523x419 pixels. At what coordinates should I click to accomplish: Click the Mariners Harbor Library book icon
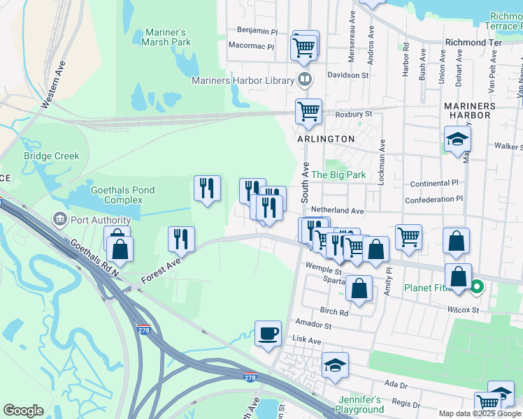304,80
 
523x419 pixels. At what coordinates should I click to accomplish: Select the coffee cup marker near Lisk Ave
268,334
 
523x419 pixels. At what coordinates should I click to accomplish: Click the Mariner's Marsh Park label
168,37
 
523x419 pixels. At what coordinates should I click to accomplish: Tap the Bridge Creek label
52,156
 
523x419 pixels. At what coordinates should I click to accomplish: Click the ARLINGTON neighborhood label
325,139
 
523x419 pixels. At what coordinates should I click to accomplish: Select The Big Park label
338,175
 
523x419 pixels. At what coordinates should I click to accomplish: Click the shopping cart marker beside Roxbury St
308,111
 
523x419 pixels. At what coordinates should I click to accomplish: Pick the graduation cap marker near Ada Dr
335,365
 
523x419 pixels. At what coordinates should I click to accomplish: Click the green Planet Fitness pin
478,286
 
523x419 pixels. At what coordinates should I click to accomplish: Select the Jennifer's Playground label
359,404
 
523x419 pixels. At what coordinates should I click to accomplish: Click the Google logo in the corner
23,411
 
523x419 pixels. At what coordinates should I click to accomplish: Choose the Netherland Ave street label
338,210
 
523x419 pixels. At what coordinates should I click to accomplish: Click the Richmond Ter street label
473,43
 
